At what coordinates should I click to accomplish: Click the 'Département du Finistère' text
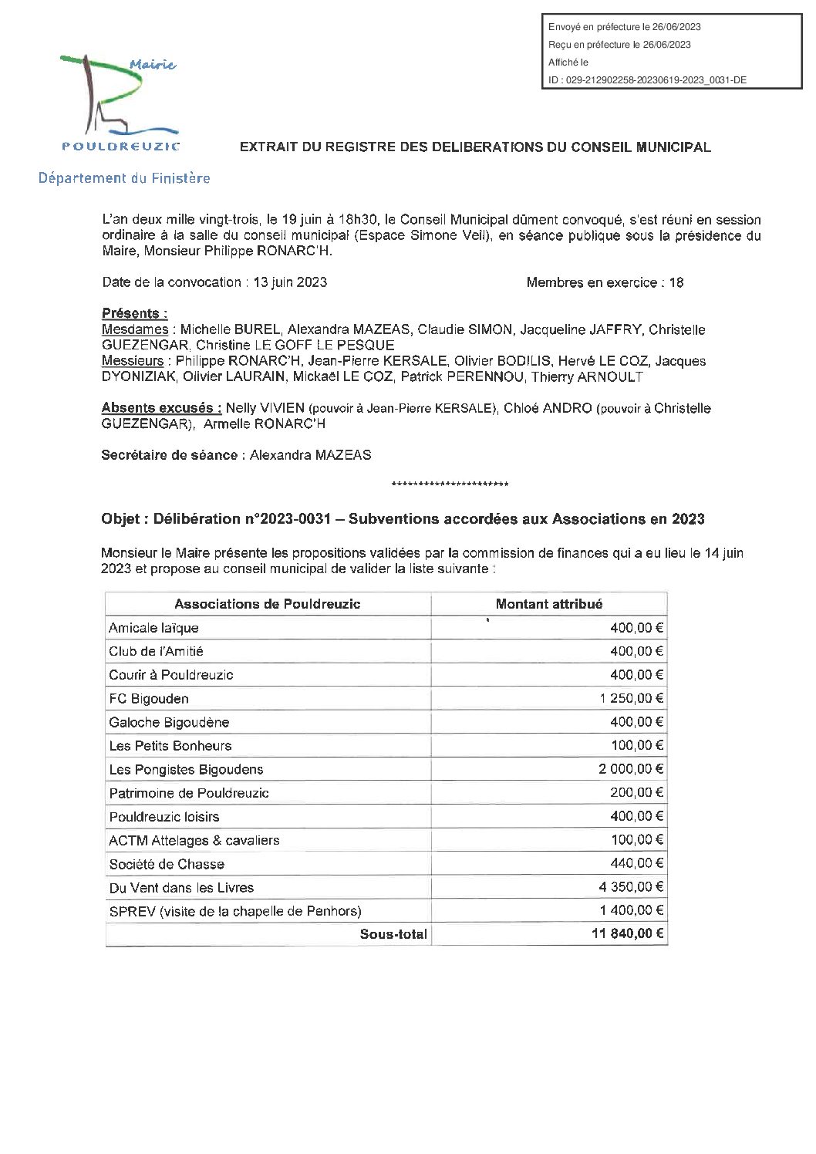click(x=125, y=178)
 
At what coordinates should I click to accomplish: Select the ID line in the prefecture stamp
click(x=647, y=79)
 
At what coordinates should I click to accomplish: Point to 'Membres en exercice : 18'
click(x=605, y=282)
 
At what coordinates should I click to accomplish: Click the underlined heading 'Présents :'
click(x=135, y=314)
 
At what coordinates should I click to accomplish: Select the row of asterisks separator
click(x=450, y=485)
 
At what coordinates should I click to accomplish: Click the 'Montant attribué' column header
click(x=549, y=604)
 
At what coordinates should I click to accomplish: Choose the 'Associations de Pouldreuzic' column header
click(x=268, y=604)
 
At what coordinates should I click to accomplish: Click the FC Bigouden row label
click(x=149, y=699)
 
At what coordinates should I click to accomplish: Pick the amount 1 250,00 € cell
click(x=628, y=699)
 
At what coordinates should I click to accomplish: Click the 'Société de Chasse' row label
click(x=167, y=864)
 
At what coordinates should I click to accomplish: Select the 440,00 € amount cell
click(x=636, y=864)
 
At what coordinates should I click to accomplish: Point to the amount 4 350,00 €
click(x=628, y=887)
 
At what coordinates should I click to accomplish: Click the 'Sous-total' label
click(x=393, y=934)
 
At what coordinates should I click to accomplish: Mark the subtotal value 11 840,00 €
click(x=625, y=934)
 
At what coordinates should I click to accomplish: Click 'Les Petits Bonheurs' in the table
click(x=170, y=746)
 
